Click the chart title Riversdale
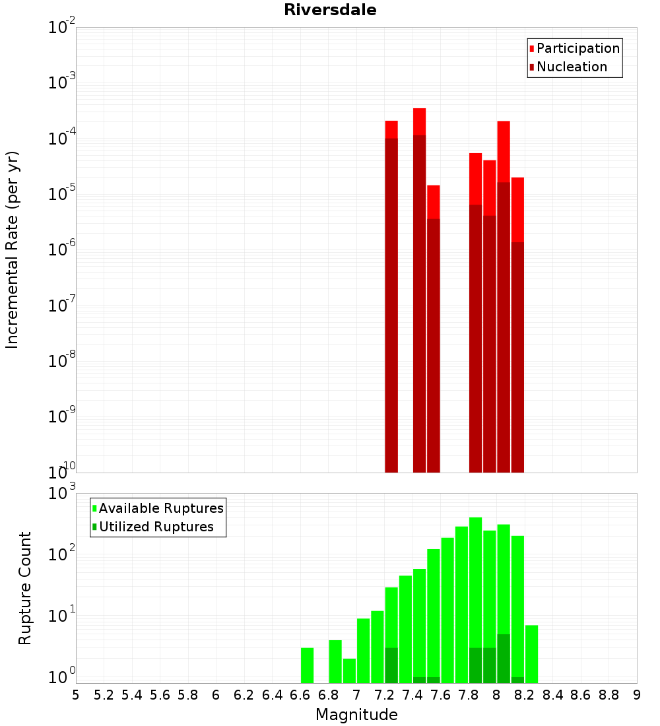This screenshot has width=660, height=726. (330, 10)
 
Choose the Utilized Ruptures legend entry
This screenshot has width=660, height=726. (156, 527)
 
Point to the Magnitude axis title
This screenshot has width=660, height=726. (356, 715)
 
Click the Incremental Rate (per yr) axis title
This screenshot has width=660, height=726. (13, 249)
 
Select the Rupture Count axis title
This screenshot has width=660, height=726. (25, 587)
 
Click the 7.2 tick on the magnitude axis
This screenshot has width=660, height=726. (384, 695)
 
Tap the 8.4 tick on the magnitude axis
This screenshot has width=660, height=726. (553, 695)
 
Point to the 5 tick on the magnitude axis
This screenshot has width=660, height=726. (76, 695)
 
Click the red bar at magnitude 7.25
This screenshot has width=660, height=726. (391, 297)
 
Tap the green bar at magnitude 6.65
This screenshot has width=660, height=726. (307, 665)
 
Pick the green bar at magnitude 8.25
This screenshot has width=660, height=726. (531, 654)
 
